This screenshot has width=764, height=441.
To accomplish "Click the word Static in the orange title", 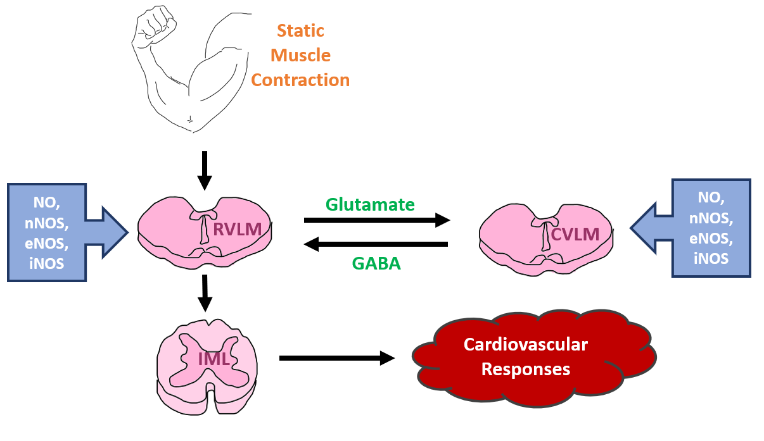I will tap(300, 31).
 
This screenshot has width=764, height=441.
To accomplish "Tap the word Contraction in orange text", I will tap(300, 80).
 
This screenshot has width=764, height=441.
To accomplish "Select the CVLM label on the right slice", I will tap(575, 235).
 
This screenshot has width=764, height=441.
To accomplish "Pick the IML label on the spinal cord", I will tap(213, 359).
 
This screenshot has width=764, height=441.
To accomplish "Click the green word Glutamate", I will tap(370, 204).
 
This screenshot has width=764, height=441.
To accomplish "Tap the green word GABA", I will tap(376, 264).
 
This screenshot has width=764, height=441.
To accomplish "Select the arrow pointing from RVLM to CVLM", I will tap(376, 220).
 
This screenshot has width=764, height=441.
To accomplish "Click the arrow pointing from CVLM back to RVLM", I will tap(376, 244).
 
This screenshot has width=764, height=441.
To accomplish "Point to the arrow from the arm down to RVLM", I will tap(204, 170).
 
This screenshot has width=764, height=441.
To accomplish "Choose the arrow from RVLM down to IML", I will tap(204, 292).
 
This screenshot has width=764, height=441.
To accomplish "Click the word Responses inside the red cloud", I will tap(526, 369).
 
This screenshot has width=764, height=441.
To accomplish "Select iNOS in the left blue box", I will tap(47, 263).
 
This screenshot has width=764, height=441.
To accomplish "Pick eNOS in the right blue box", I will tap(711, 240).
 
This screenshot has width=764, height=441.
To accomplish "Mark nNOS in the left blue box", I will tap(47, 223).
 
